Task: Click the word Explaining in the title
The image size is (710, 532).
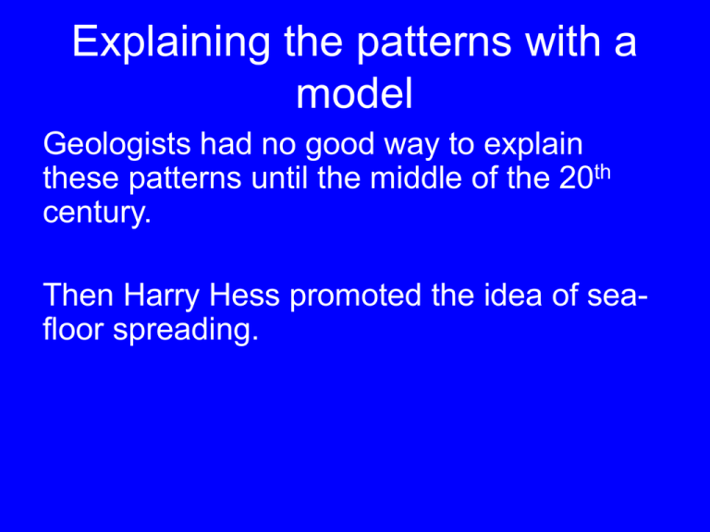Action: coord(171,43)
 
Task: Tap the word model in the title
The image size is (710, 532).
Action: coord(355,93)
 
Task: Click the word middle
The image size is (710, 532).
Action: coord(416,177)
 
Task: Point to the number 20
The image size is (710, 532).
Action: coord(576,178)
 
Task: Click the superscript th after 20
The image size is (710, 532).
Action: coord(602,174)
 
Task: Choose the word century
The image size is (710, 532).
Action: coord(97,213)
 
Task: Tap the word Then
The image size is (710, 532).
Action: coord(79,295)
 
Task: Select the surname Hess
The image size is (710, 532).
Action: coord(244,295)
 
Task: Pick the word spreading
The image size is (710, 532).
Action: coord(186,331)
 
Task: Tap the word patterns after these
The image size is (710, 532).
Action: coord(185,179)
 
